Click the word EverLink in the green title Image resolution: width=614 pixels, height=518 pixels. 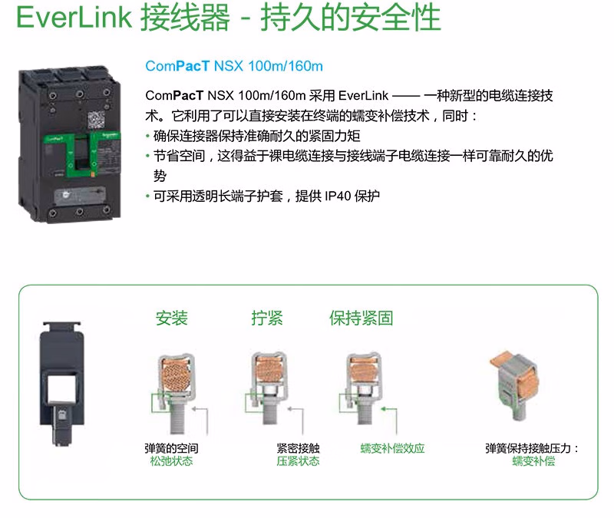point(74,17)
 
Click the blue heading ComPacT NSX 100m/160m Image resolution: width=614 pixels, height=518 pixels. point(234,66)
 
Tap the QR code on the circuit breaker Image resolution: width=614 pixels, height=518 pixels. point(97,120)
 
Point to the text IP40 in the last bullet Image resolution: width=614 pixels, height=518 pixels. point(338,196)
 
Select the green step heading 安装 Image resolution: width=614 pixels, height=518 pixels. point(171,318)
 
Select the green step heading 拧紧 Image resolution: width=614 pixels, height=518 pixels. point(266,318)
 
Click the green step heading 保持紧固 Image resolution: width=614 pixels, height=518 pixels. point(361,318)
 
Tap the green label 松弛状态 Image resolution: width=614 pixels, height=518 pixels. point(171,461)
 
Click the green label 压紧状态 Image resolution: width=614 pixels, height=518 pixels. point(298,461)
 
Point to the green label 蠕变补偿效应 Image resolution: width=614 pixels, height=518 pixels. point(392,448)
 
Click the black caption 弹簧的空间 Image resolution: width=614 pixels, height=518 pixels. point(171,448)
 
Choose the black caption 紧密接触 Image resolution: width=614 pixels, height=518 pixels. point(298,448)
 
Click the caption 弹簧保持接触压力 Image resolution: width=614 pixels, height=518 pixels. point(528,448)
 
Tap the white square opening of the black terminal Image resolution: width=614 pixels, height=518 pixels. point(62,389)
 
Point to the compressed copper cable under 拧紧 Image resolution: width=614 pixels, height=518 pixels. point(269,370)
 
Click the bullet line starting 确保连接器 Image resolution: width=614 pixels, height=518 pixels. point(256,136)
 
